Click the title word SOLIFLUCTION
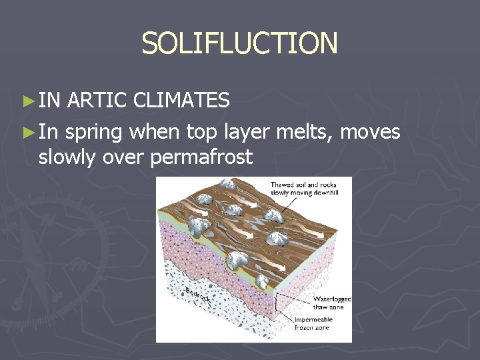point(239,44)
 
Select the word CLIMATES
point(181,101)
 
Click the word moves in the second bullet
point(370,131)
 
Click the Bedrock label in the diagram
point(198,295)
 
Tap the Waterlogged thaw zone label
point(331,303)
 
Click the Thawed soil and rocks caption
point(303,189)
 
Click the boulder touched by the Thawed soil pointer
point(273,214)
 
